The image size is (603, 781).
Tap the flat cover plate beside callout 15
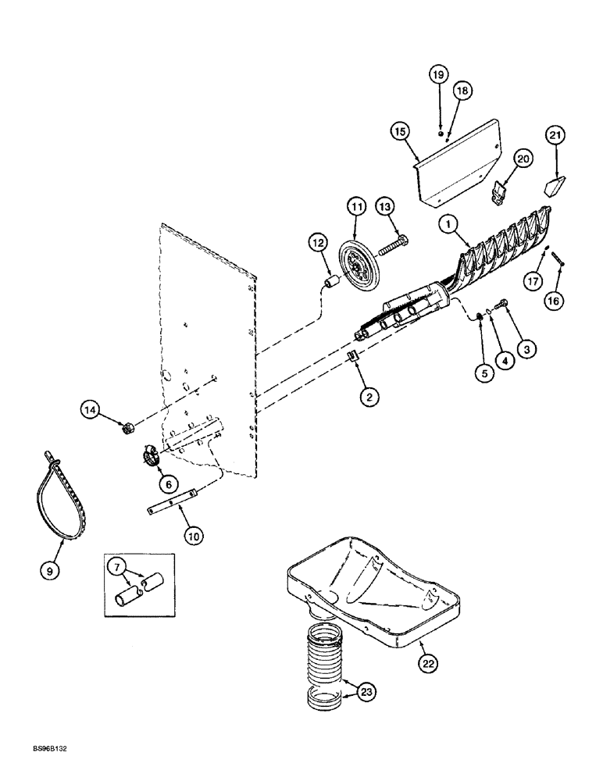(461, 156)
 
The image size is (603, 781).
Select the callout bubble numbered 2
(370, 397)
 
